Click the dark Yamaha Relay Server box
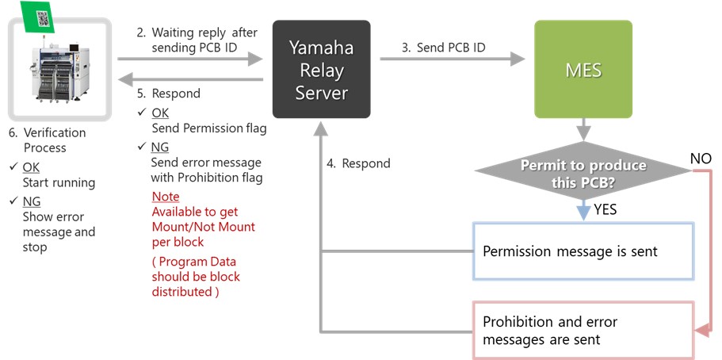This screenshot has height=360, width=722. point(322,69)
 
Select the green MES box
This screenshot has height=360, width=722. point(583,69)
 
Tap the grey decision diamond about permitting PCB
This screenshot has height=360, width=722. point(583,171)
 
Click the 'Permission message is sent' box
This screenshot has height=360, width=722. point(583,251)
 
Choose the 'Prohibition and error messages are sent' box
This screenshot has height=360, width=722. point(583,331)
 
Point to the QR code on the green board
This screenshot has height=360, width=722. point(44,18)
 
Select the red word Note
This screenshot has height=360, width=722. point(166,197)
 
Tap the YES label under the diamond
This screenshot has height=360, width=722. point(605,210)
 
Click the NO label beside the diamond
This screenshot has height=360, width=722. point(701,159)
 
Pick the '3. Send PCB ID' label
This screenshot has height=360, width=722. point(443,48)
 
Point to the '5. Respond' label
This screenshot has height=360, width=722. point(169,94)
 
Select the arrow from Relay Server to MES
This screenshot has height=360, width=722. point(453,59)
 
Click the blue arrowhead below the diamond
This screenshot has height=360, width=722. point(583,213)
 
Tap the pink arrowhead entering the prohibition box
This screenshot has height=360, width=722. point(701,331)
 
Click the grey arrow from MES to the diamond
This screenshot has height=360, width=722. point(583,129)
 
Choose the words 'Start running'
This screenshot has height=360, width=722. point(59,183)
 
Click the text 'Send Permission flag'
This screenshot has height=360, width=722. point(209,128)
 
